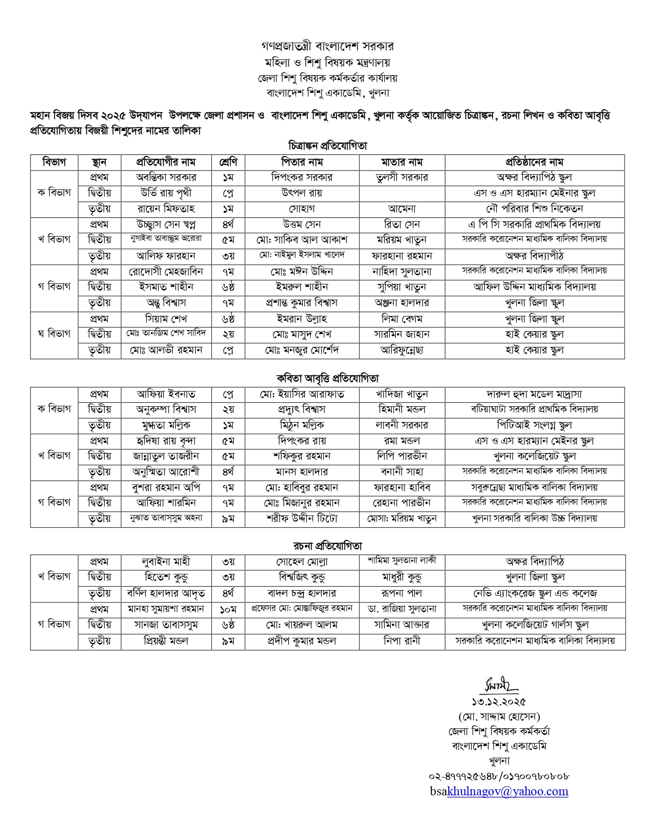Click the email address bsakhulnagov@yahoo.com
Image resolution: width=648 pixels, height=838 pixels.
coord(499,791)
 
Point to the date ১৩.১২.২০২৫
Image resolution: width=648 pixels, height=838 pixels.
coord(499,702)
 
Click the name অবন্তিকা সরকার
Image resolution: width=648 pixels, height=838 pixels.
coord(166,177)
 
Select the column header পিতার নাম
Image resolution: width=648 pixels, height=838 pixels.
coord(302,162)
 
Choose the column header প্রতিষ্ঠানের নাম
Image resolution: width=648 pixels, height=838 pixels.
coord(534,162)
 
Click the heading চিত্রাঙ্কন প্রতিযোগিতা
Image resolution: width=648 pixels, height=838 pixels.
coord(327,146)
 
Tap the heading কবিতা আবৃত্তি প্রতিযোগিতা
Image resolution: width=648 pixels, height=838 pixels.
coord(327,378)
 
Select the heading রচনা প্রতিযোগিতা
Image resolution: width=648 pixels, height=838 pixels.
coord(328,546)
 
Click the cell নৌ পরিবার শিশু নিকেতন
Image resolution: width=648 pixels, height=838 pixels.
coord(534,209)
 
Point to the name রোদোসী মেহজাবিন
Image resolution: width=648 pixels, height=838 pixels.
coord(166,272)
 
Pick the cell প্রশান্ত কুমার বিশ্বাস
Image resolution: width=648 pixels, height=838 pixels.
coord(302,303)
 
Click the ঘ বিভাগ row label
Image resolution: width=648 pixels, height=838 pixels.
coord(54,334)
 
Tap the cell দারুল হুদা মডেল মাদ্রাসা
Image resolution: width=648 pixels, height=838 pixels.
coord(534,394)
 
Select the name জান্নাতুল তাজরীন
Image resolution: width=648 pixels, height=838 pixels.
coord(166,456)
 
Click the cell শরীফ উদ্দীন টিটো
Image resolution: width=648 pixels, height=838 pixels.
coord(302,519)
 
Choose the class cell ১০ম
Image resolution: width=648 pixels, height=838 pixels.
coord(228,609)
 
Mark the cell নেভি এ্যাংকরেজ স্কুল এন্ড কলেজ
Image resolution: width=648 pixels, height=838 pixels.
coord(534,593)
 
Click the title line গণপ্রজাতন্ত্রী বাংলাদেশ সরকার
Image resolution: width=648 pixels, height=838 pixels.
coord(327,46)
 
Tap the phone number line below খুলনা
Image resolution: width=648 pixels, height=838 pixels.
coord(499,776)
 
